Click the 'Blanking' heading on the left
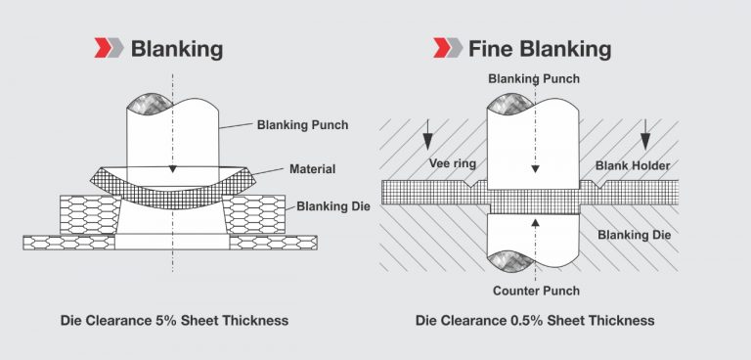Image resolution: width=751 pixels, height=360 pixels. [176, 48]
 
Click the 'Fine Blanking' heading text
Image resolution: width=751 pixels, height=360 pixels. [539, 48]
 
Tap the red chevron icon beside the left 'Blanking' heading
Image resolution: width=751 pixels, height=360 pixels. [108, 48]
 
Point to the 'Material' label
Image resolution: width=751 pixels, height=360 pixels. [312, 169]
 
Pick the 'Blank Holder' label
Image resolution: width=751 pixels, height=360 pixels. [633, 165]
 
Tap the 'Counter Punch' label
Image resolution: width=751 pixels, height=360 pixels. [535, 291]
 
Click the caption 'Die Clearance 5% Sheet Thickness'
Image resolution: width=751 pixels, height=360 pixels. [174, 320]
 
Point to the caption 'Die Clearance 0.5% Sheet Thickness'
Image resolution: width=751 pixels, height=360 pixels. [535, 320]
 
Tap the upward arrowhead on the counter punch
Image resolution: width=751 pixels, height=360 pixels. [535, 222]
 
